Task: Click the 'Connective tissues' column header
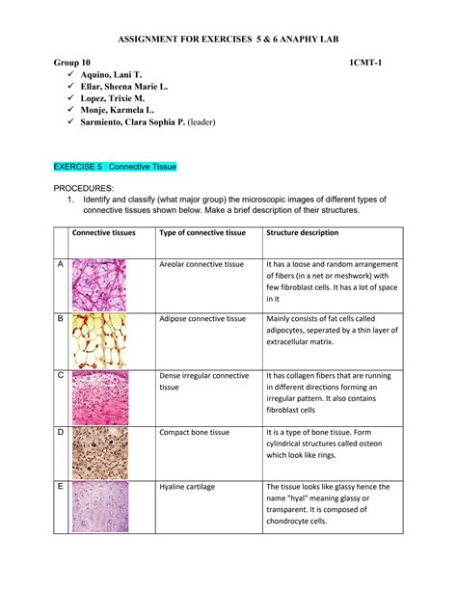pyautogui.click(x=103, y=232)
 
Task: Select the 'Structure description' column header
pyautogui.click(x=302, y=232)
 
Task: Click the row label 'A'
pyautogui.click(x=60, y=263)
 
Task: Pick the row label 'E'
pyautogui.click(x=60, y=487)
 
